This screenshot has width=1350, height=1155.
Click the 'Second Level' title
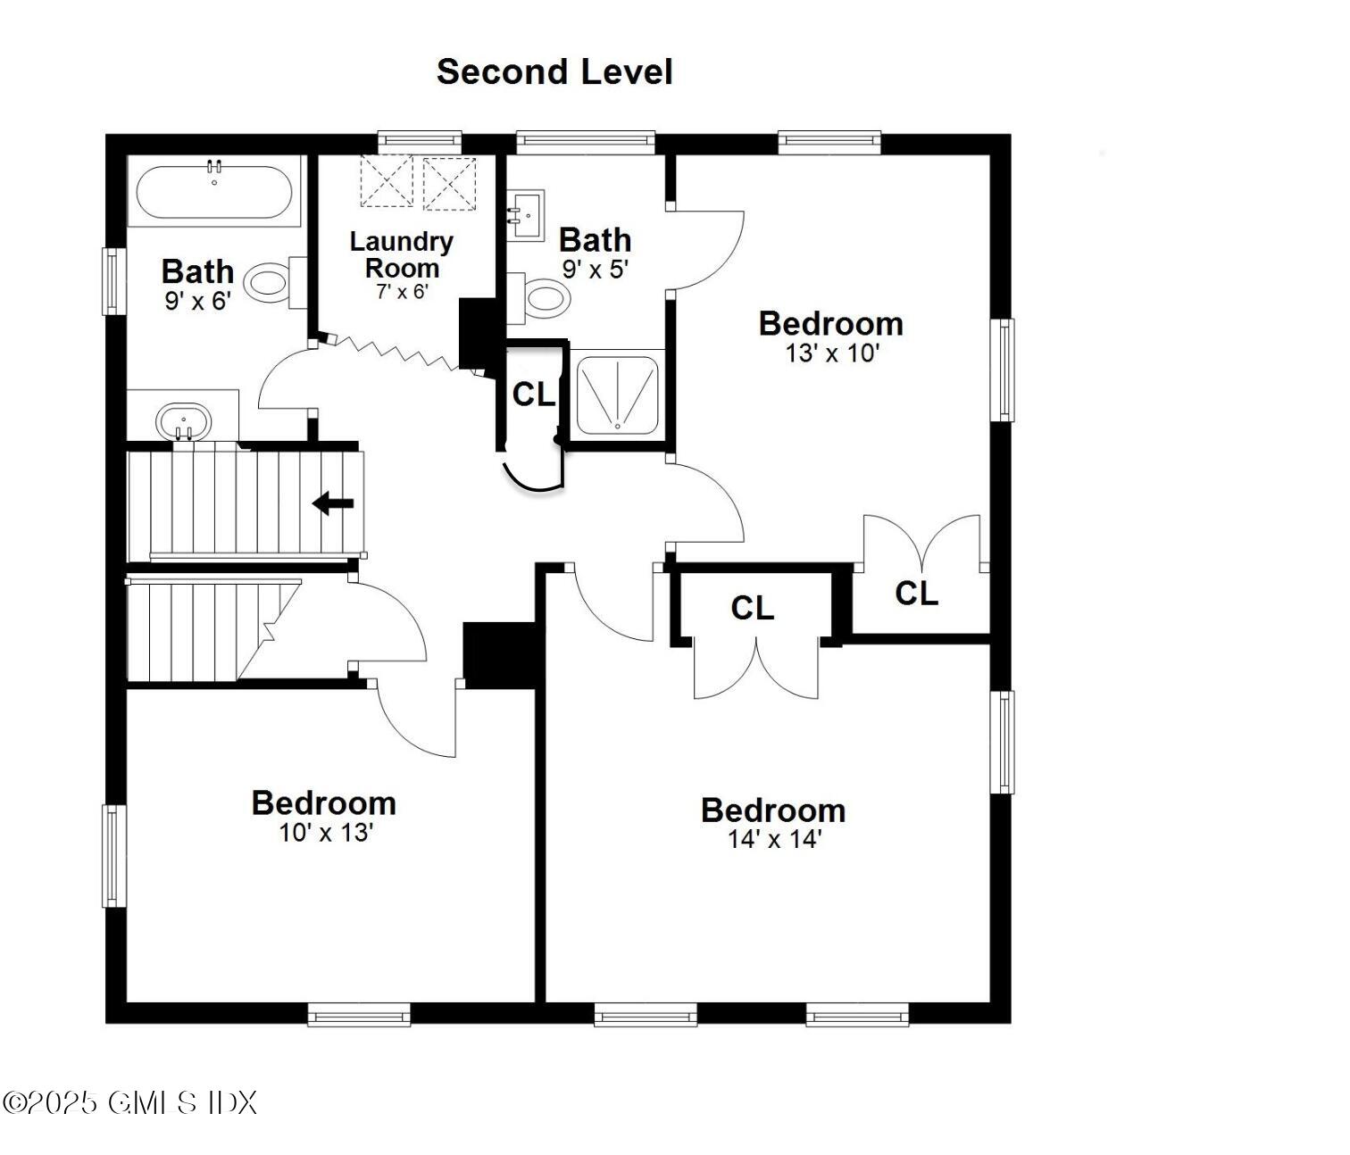[554, 71]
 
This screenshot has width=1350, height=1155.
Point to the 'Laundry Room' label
[401, 254]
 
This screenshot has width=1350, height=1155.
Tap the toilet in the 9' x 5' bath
[541, 298]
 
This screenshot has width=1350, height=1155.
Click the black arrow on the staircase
[333, 503]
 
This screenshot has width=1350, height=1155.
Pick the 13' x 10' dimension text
[832, 353]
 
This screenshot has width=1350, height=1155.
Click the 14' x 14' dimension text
[774, 839]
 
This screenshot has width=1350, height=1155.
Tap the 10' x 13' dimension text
[325, 833]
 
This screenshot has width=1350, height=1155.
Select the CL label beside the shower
[534, 394]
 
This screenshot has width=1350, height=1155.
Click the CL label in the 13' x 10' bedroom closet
[916, 593]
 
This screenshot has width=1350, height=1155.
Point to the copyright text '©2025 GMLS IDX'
[130, 1103]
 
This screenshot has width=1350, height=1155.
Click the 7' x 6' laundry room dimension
[402, 291]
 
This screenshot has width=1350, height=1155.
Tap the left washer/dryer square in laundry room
[387, 181]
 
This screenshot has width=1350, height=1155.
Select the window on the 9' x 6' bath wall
[112, 281]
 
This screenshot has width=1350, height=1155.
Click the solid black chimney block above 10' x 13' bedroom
[498, 655]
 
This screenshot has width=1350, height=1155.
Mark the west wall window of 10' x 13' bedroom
[112, 855]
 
